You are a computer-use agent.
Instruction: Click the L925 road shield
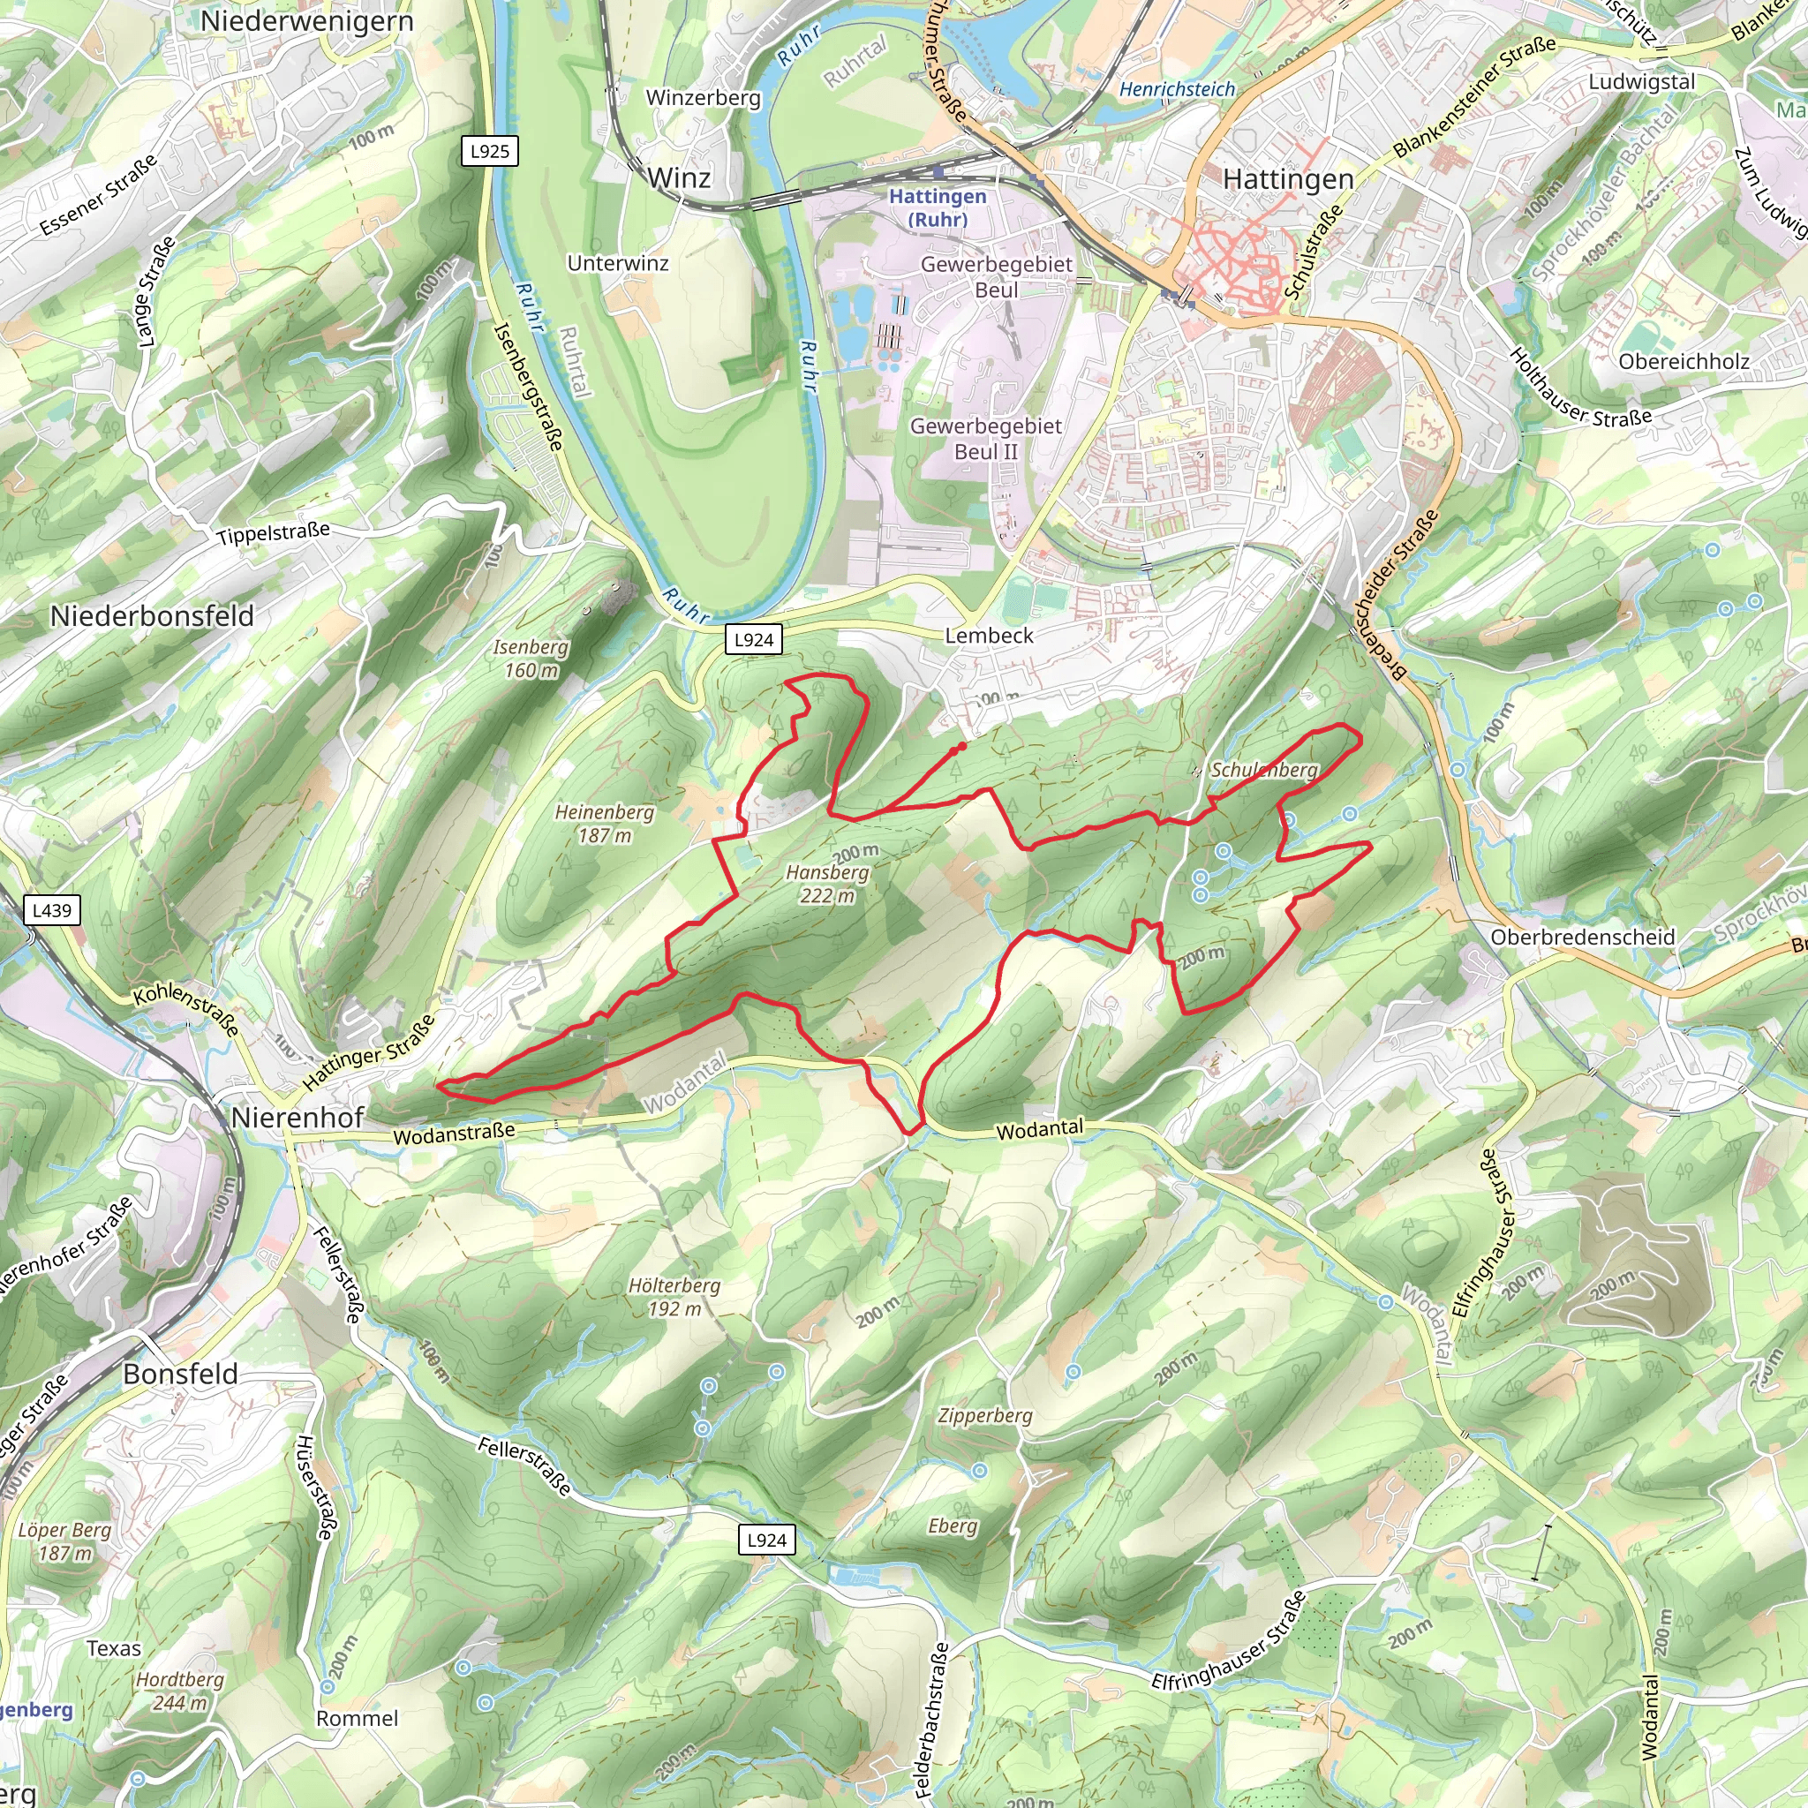click(489, 151)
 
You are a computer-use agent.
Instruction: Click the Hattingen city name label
click(1288, 178)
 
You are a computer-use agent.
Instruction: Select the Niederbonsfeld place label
click(152, 616)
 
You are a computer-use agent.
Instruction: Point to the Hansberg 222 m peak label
click(827, 884)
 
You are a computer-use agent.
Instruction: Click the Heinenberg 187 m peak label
click(604, 824)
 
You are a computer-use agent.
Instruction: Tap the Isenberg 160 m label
click(531, 658)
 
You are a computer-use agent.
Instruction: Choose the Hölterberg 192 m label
click(674, 1297)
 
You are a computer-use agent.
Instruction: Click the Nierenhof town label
click(297, 1118)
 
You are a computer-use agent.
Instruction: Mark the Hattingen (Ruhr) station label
click(937, 207)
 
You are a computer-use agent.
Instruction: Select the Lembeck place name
click(988, 636)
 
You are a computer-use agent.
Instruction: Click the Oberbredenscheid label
click(1583, 937)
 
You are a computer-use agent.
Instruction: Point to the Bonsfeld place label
click(181, 1374)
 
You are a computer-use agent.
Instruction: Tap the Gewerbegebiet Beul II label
click(985, 438)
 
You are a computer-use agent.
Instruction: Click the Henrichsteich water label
click(1178, 90)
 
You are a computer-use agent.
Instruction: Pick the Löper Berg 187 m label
click(64, 1541)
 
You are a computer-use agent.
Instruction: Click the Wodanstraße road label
click(454, 1134)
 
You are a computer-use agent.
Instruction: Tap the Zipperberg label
click(984, 1416)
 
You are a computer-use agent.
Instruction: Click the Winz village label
click(680, 177)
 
